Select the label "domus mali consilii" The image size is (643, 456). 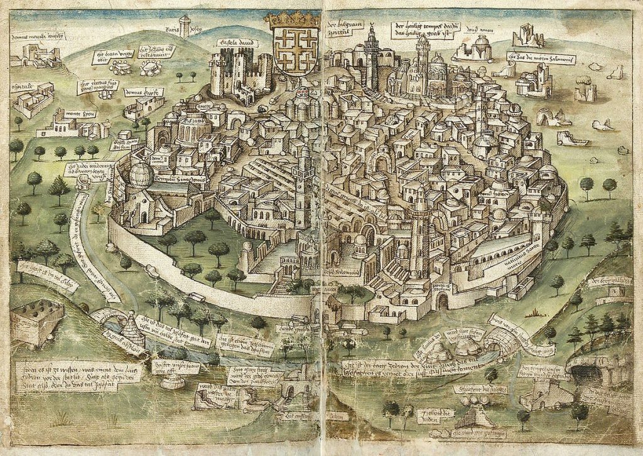(x=36, y=37)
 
